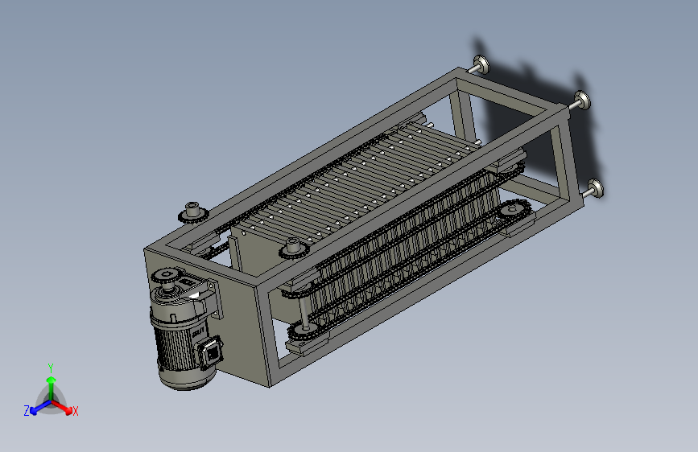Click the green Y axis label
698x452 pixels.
pos(51,368)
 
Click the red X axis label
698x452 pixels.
pos(75,411)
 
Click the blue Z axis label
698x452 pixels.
pos(27,411)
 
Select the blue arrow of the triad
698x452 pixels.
pos(41,407)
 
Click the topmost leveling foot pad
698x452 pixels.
pos(481,65)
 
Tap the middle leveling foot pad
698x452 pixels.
pos(582,100)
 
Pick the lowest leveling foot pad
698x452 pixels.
pos(596,189)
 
